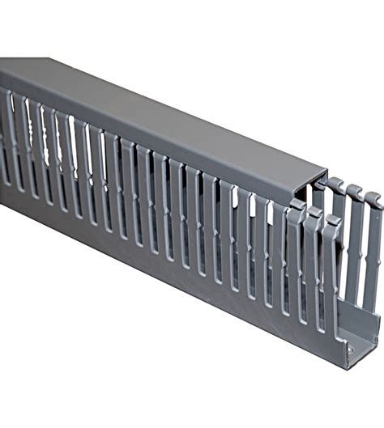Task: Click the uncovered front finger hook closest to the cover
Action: coord(295,207)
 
